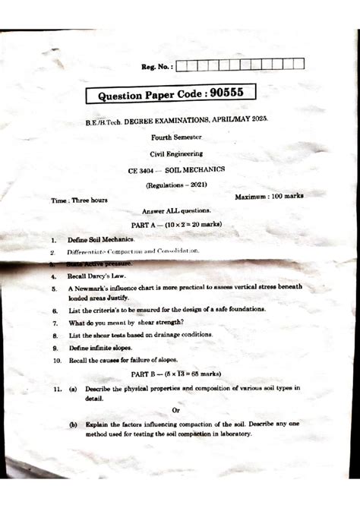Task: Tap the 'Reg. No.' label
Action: [x=157, y=66]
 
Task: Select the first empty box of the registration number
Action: [x=182, y=65]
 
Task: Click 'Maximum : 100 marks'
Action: [x=269, y=196]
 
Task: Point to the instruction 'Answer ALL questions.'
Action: [x=177, y=210]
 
